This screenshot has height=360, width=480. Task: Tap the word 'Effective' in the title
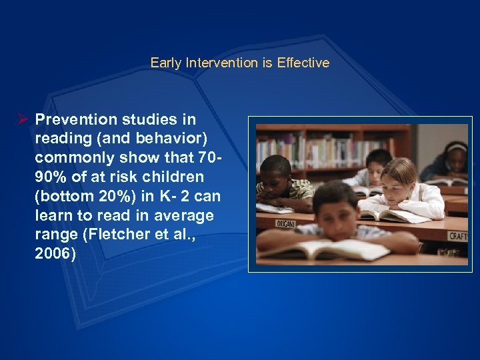pyautogui.click(x=303, y=63)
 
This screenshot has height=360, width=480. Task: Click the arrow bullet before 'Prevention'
pyautogui.click(x=22, y=119)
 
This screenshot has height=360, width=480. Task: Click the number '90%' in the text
pyautogui.click(x=53, y=178)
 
